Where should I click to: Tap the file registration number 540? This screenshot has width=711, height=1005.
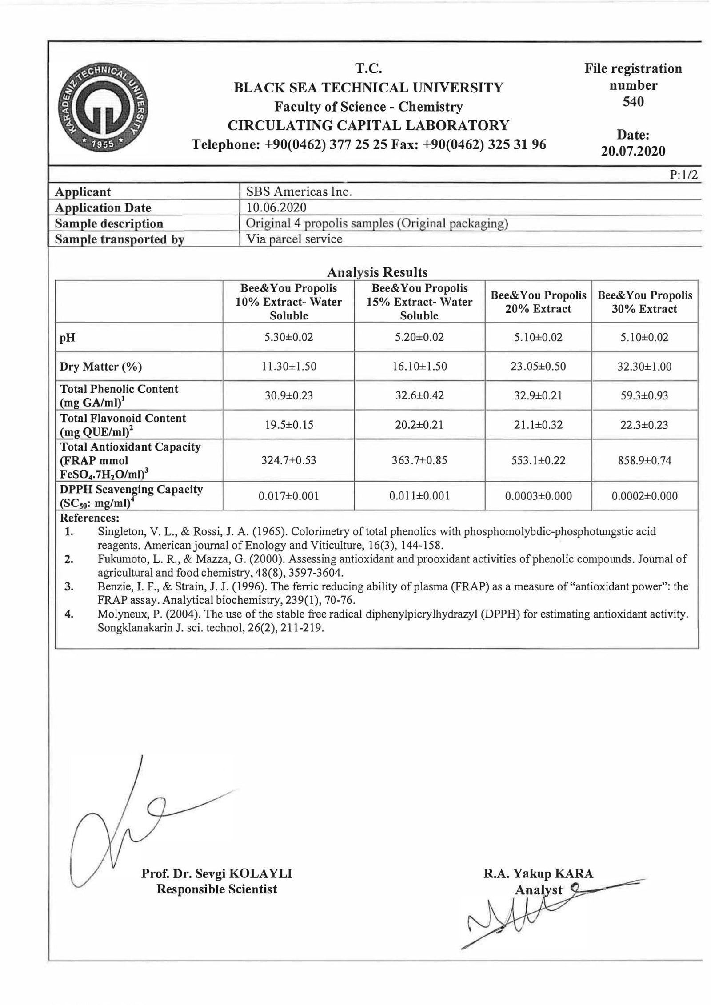[633, 102]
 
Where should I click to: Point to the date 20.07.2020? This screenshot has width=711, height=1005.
[633, 151]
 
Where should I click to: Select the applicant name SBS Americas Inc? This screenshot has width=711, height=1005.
[299, 192]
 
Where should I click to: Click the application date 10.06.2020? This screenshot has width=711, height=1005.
[276, 207]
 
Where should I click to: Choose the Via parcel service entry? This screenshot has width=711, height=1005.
[294, 239]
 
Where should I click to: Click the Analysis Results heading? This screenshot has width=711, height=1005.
[377, 272]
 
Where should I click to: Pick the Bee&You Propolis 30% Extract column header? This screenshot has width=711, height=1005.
[644, 302]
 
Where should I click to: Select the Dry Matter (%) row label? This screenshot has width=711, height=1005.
[101, 367]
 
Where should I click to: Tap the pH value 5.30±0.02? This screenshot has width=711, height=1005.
[288, 337]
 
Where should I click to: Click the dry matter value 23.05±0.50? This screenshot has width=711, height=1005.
[538, 367]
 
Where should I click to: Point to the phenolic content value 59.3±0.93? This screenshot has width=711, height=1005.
[644, 395]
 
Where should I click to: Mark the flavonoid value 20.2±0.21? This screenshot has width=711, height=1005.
[419, 425]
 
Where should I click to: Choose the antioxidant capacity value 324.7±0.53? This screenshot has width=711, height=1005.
[288, 460]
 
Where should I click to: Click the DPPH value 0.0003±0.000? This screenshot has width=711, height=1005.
[538, 496]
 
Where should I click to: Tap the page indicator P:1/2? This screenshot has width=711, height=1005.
[683, 175]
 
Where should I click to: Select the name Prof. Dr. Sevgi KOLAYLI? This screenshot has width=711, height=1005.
[216, 874]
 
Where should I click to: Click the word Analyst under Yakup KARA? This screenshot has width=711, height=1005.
[539, 890]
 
